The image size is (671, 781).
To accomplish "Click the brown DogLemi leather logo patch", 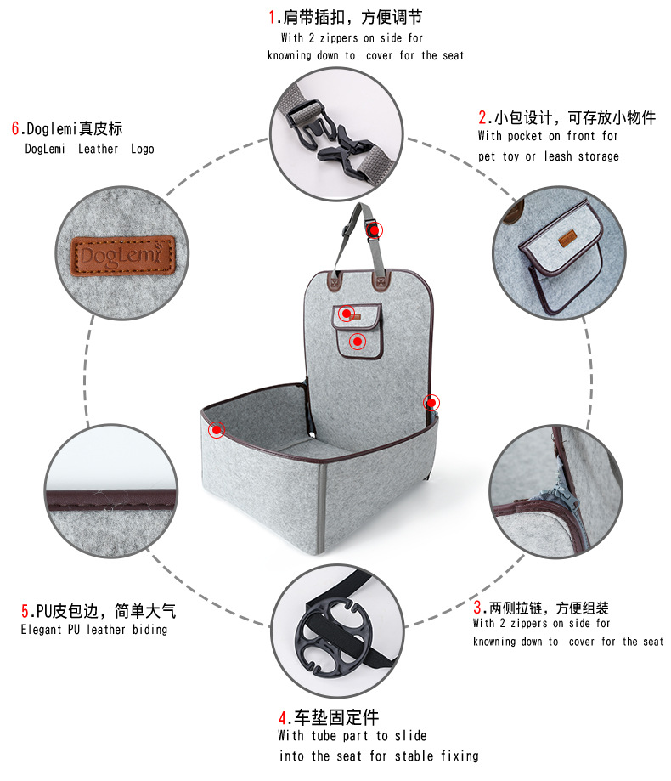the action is click(x=123, y=255).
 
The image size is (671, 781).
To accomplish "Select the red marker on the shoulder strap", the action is click(x=375, y=230).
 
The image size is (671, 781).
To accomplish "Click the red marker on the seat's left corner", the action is click(x=217, y=429).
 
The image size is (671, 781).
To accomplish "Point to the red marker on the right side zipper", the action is click(x=431, y=403).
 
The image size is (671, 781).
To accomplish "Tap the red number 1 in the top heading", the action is click(x=272, y=18).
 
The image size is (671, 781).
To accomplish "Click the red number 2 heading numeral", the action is click(x=482, y=117).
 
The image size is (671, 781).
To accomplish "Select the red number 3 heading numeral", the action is click(x=477, y=607).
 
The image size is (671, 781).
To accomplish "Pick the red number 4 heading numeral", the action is click(x=283, y=718).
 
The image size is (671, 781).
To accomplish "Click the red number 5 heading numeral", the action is click(x=25, y=611).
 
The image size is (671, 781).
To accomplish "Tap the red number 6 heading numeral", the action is click(x=15, y=128).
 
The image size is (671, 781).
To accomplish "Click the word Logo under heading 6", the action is click(x=143, y=149).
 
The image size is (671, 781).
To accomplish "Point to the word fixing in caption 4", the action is click(x=460, y=756).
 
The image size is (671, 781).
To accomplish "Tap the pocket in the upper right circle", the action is click(x=561, y=257).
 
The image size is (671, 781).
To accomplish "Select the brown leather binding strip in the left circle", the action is click(x=111, y=500).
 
